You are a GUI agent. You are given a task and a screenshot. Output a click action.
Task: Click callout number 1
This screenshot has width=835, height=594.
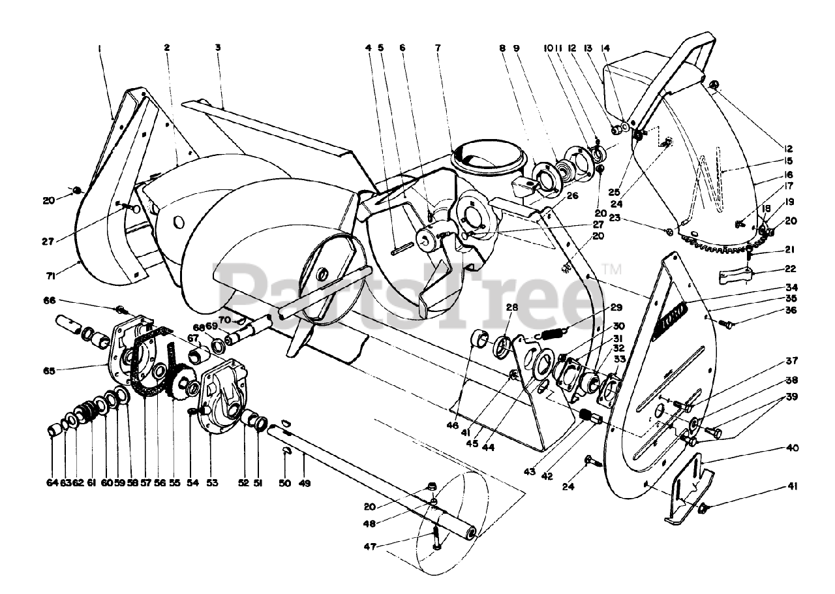pyautogui.click(x=100, y=48)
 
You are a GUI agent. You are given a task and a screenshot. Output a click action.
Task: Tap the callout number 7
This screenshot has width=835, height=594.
pyautogui.click(x=437, y=48)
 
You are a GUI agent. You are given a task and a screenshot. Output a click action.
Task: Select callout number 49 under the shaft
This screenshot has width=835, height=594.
pyautogui.click(x=305, y=484)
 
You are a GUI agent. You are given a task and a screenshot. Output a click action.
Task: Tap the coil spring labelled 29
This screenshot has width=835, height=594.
pyautogui.click(x=554, y=333)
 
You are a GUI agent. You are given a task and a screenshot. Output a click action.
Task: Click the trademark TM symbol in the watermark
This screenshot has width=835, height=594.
pyautogui.click(x=613, y=268)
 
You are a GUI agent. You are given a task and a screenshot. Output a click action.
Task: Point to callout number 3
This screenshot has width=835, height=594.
pyautogui.click(x=218, y=48)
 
